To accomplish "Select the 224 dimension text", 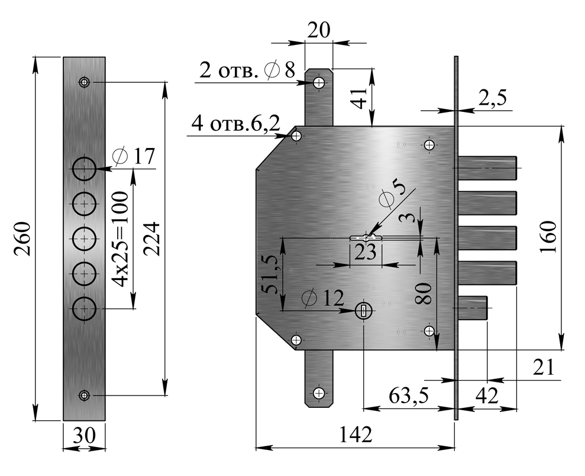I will (152, 239).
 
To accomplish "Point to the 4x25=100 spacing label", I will (121, 239).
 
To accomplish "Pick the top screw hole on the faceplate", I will (85, 82).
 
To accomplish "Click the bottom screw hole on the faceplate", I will (85, 395).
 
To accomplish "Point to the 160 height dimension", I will (550, 237).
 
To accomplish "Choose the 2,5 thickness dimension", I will (492, 98).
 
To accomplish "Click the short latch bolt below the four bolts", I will (473, 308).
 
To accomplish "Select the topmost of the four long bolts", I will (487, 168).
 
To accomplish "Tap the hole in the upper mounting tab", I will (319, 82).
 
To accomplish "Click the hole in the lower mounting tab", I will (319, 393).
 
